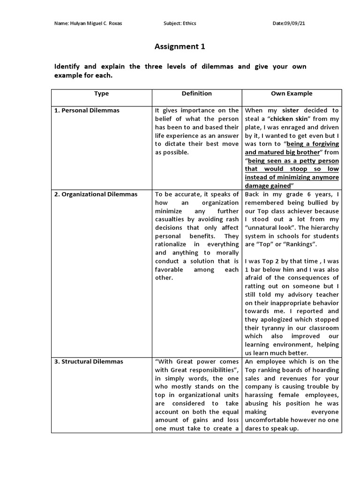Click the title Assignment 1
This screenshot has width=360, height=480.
(180, 46)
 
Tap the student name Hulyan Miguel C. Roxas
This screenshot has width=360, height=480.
(97, 23)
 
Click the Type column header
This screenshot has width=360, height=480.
(101, 93)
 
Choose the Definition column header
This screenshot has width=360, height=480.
(197, 93)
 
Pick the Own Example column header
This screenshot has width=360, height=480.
(292, 93)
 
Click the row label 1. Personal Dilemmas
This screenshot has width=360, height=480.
(87, 110)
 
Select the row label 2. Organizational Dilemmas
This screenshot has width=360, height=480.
(96, 194)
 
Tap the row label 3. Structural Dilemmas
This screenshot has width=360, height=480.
(89, 361)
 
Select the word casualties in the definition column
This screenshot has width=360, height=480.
(171, 219)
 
